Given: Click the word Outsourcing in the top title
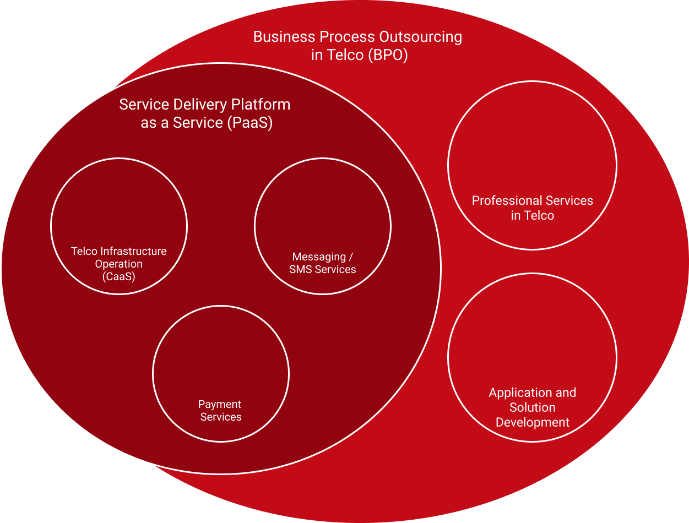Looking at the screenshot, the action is [x=421, y=37].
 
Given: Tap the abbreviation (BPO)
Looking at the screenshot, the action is [x=388, y=55].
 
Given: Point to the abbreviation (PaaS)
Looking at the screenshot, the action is [x=250, y=123].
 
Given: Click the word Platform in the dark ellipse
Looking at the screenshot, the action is [x=261, y=105].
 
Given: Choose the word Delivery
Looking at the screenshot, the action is [x=200, y=105].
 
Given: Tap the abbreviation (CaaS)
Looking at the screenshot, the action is [x=118, y=276].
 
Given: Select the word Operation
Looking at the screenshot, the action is [x=118, y=264].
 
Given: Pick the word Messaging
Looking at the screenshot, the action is [x=319, y=257].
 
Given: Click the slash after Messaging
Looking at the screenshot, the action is [x=351, y=257].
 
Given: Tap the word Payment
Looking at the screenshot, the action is [x=219, y=405].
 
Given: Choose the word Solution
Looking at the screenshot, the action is [x=533, y=407].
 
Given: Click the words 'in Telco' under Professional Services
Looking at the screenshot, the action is [x=533, y=216].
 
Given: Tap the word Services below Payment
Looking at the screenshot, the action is [x=221, y=417].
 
